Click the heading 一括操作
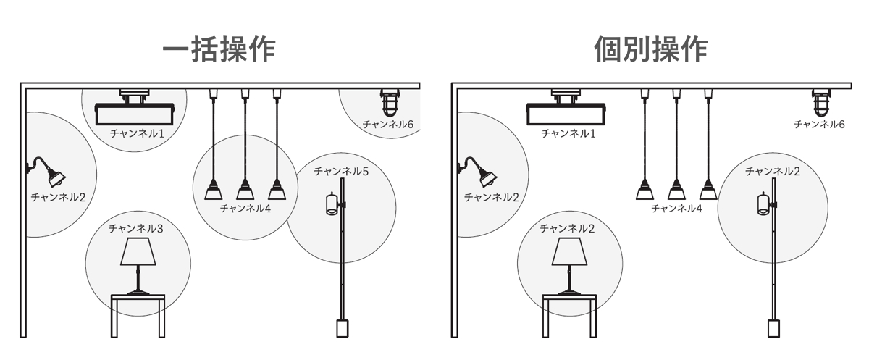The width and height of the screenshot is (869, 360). coord(219,50)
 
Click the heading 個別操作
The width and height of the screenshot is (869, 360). coord(651,50)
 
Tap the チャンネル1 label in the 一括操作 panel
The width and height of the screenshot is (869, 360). coord(137,133)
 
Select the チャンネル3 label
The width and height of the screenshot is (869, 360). coord(136,228)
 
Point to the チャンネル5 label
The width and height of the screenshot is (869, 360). coord(341,171)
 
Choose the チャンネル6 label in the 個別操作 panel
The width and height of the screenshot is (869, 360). coord(819,124)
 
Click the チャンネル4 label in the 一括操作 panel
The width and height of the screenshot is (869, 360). coord(245,209)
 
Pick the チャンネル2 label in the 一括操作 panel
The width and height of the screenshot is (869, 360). coord(58,197)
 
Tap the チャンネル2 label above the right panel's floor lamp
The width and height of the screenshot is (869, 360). coord(773,171)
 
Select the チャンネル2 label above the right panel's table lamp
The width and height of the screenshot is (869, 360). coord(567,228)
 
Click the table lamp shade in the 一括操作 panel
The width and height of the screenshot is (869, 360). coord(138,251)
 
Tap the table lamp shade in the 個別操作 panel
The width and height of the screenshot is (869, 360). coord(569,251)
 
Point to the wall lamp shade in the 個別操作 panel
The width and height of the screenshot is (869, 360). coord(487,177)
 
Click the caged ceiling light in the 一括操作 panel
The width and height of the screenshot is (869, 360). coord(390,103)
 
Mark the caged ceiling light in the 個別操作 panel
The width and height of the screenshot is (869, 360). coord(821,103)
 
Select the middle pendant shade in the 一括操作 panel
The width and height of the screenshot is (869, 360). coord(245,190)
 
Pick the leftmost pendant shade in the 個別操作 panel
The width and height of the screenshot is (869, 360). coord(645,190)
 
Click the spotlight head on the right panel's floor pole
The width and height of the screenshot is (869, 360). coord(763,204)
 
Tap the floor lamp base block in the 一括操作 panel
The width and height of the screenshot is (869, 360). coord(342,329)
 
